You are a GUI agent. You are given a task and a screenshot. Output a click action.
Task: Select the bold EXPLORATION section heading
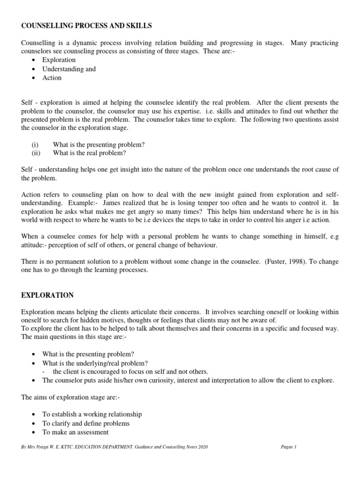[x=47, y=295]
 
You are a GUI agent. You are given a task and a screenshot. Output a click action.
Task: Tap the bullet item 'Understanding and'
[x=69, y=69]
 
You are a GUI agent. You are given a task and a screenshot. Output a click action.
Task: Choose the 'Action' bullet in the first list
[x=52, y=78]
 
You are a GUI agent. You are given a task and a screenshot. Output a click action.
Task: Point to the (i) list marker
[x=35, y=145]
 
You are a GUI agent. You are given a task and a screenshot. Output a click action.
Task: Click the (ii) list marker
[x=36, y=153]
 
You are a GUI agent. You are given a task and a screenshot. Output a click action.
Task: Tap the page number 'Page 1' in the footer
[x=289, y=447]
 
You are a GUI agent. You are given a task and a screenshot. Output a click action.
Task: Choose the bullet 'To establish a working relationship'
[x=92, y=414]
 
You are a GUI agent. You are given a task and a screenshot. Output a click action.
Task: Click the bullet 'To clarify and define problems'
[x=86, y=423]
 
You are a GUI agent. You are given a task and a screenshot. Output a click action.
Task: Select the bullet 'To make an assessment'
[x=75, y=432]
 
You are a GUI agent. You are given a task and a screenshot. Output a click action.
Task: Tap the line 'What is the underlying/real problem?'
[x=95, y=363]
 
